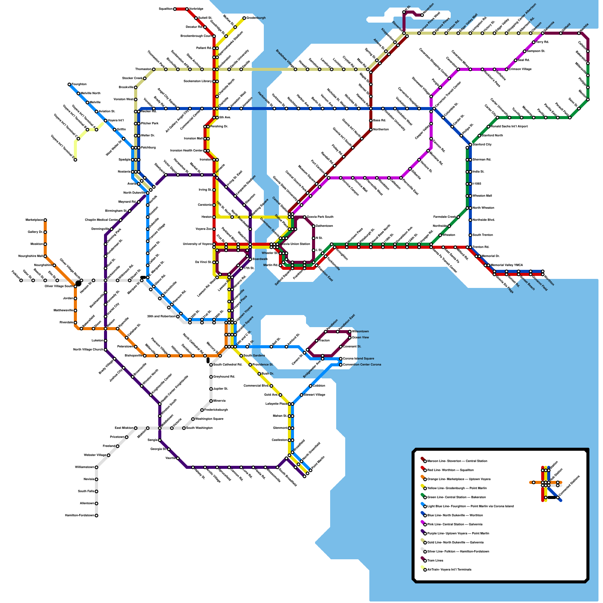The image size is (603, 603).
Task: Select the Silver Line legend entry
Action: (458, 551)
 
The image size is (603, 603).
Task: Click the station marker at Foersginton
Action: (69, 84)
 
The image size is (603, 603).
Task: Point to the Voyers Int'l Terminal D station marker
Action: (75, 160)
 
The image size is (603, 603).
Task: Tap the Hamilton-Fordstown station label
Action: (80, 515)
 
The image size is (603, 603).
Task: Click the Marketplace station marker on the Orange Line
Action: (45, 220)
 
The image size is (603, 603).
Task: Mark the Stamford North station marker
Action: (479, 136)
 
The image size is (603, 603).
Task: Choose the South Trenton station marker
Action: (470, 235)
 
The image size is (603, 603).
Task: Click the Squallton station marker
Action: (175, 9)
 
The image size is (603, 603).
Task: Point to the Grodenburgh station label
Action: (256, 18)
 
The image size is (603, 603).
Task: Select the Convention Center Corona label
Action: (362, 364)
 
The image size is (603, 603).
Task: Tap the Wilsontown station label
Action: (360, 331)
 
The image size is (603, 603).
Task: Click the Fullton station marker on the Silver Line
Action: (21, 280)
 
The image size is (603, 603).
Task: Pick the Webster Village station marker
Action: (109, 455)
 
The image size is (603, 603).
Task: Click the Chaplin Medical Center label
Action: (101, 220)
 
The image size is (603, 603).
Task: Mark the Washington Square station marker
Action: (193, 419)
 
